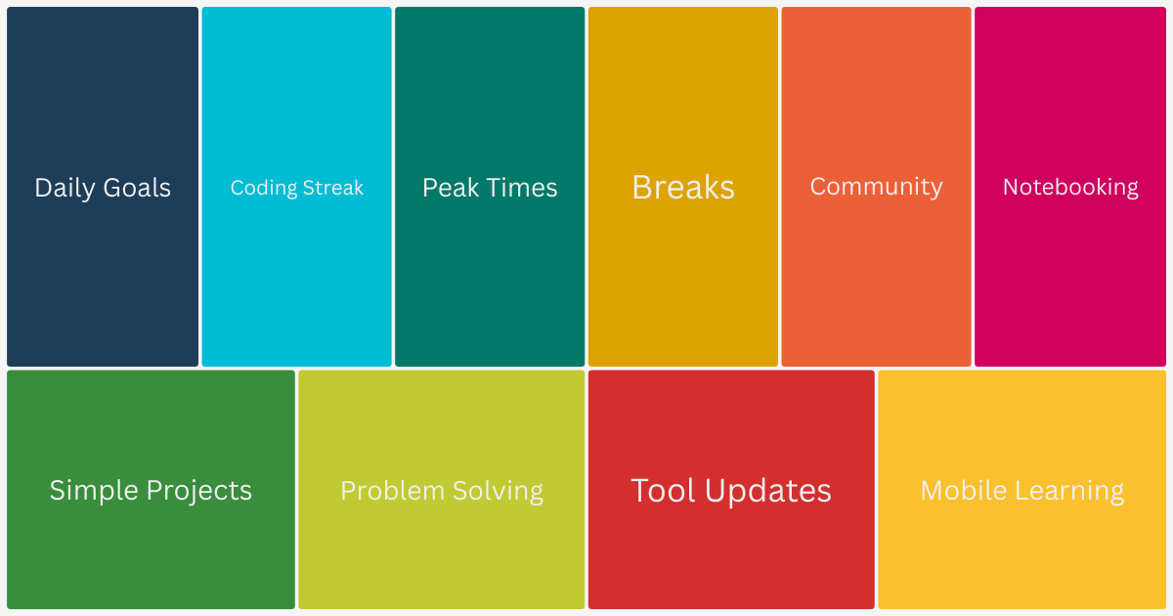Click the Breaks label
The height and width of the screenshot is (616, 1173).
tap(683, 187)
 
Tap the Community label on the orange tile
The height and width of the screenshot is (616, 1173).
tap(877, 187)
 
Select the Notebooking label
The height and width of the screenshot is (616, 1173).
tap(1070, 187)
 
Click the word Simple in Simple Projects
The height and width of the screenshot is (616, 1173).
tap(95, 490)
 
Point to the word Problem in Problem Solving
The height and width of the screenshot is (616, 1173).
tap(388, 490)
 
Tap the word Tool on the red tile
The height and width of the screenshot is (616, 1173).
tap(663, 490)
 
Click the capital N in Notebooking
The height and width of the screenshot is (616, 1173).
tap(1011, 187)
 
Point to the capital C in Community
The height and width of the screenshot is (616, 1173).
tap(818, 187)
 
